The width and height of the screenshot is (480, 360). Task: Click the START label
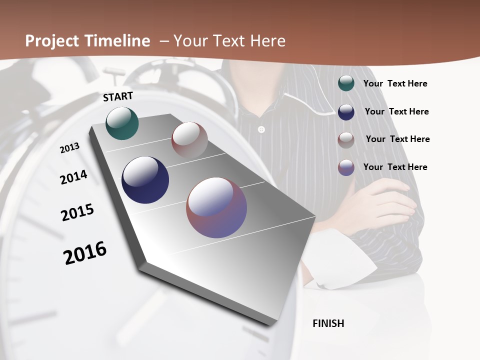pos(118,96)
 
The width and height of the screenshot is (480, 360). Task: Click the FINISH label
pos(328,323)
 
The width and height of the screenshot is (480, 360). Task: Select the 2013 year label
pos(70,147)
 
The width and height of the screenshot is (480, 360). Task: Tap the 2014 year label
pos(74,177)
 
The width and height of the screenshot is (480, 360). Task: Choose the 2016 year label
pos(85,252)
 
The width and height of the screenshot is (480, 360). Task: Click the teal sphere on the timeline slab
pos(122,123)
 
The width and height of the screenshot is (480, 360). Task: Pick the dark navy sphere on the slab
pos(145,180)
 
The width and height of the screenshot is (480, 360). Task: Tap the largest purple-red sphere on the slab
pos(216,207)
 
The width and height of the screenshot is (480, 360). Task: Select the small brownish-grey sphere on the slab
pos(189,140)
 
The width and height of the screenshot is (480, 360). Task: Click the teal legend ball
pos(346,83)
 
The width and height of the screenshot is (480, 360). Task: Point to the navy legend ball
pos(346,111)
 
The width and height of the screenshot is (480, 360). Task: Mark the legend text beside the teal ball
pos(395,83)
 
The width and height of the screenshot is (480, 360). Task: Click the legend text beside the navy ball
pos(396,111)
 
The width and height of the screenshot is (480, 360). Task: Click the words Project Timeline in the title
pos(87,41)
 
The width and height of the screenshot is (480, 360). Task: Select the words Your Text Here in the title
pos(229,41)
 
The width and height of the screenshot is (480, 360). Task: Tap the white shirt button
pos(260,130)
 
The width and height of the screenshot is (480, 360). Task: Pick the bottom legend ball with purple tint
pos(346,167)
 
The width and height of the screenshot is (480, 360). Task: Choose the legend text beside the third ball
pos(397,139)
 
